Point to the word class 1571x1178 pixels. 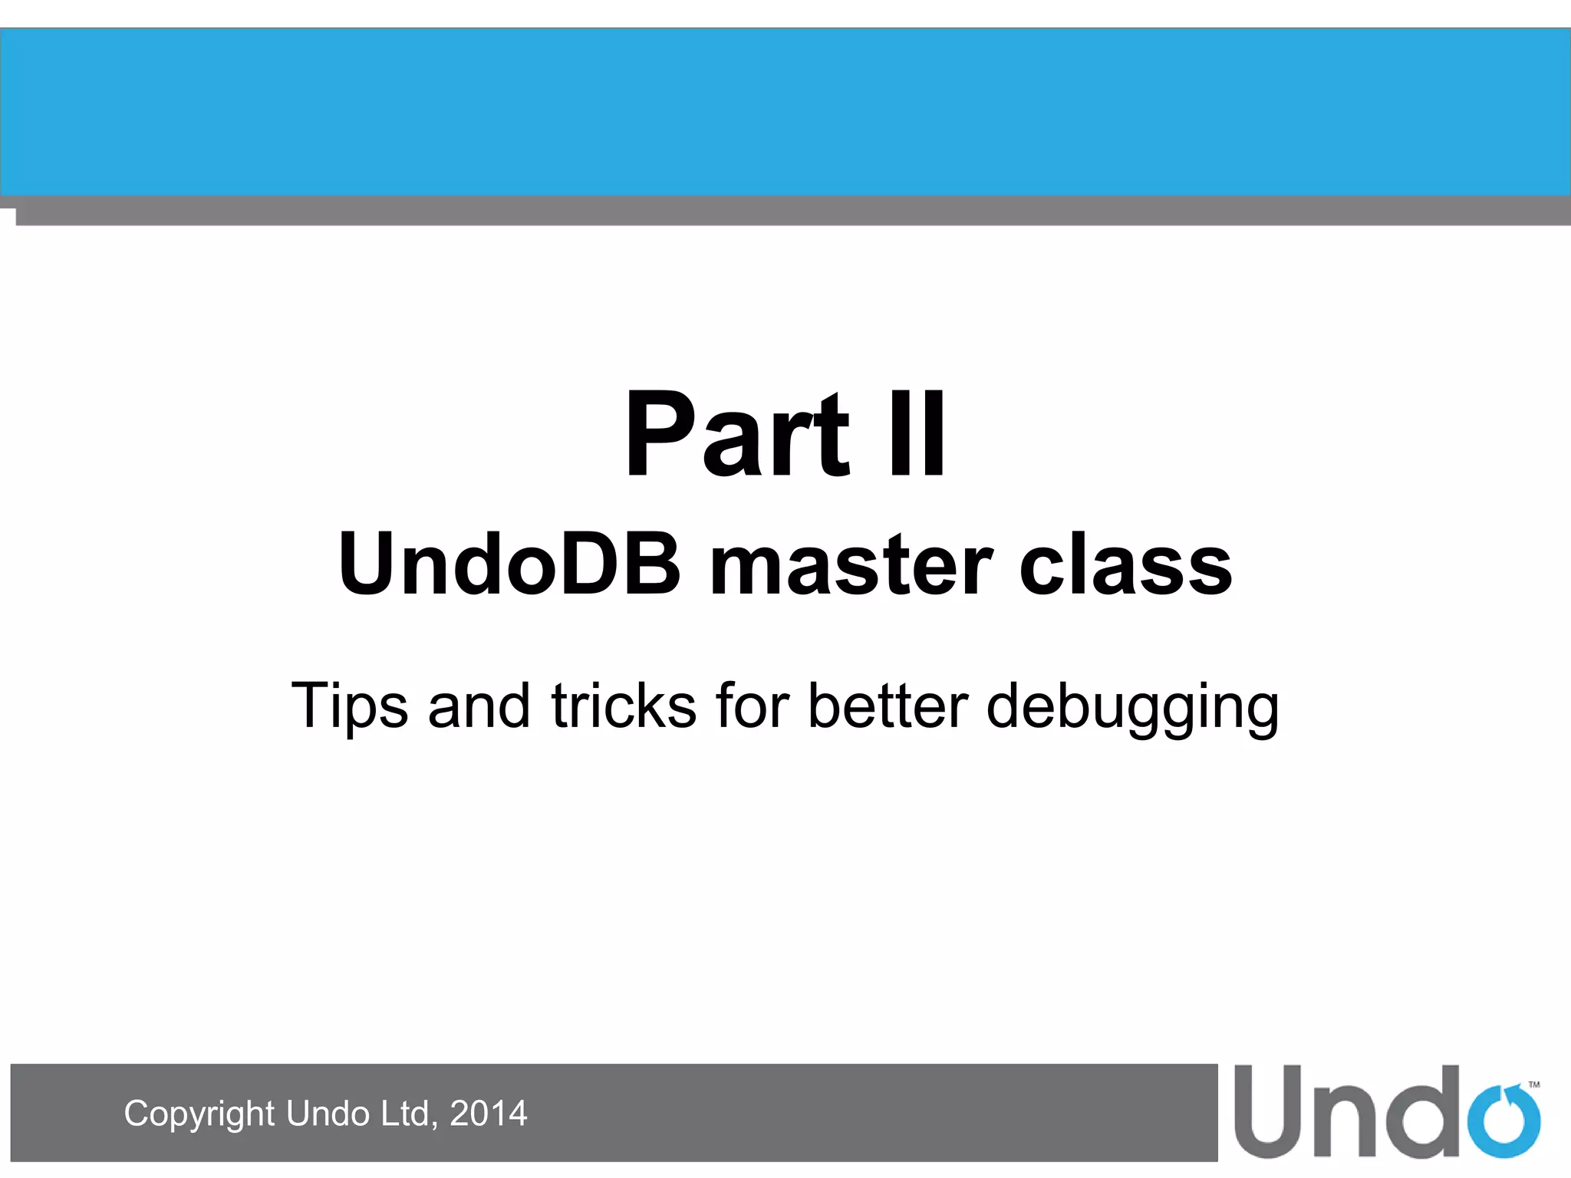point(1125,566)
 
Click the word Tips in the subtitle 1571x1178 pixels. point(350,706)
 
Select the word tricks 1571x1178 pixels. point(624,706)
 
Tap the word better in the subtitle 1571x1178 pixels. point(888,706)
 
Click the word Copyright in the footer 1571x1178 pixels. point(199,1114)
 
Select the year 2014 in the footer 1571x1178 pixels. point(489,1114)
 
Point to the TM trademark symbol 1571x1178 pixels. point(1534,1084)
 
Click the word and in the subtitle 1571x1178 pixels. point(479,706)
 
